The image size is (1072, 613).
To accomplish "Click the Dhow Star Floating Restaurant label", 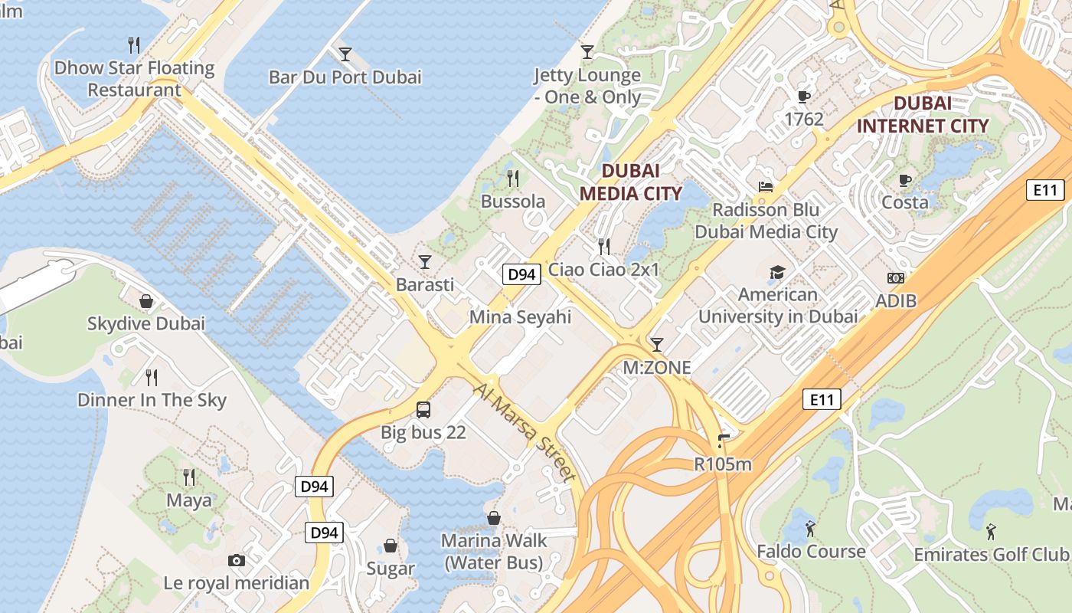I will pos(134,78).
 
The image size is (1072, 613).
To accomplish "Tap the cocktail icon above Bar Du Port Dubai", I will pos(345,54).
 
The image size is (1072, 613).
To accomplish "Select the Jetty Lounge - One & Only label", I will pos(587,86).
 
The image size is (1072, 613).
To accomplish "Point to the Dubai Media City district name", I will pos(630,182).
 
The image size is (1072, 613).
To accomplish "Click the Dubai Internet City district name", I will pos(922,114).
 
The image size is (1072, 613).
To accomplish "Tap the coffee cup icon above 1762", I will pos(803,97).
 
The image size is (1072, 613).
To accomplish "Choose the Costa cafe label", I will pos(905,202).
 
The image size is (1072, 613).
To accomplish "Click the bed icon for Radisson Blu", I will pos(766,186).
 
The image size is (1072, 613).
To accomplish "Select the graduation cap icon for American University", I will pos(777,272).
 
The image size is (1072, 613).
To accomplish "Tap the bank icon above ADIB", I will pos(895,278).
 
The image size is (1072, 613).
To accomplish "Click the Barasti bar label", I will pos(425,284).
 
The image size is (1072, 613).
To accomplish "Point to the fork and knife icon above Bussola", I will pos(513,179).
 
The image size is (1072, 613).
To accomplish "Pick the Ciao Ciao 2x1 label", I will pos(603,270).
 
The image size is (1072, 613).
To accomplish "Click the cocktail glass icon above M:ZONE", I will pos(656,345).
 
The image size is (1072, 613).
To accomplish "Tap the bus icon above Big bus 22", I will pos(423,409).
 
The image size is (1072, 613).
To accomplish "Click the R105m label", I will pos(723,464).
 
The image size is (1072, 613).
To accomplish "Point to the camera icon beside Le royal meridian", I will pos(237,561).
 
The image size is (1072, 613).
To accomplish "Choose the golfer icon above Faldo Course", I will pos(811,529).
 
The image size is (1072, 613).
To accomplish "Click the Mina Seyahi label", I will pos(520,316).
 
